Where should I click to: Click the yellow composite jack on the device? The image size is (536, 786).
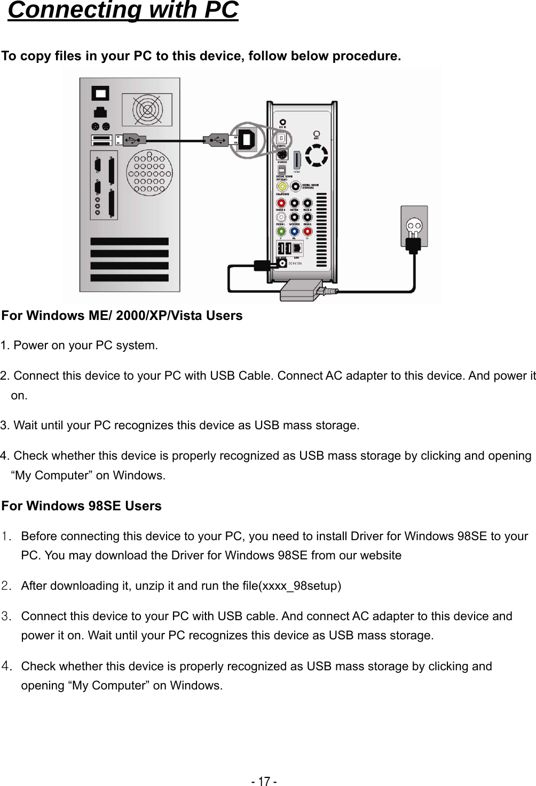(281, 186)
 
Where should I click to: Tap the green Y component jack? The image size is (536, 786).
(281, 231)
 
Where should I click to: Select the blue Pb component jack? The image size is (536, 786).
(294, 231)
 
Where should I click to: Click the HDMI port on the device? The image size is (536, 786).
(297, 161)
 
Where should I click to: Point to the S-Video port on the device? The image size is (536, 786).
(282, 155)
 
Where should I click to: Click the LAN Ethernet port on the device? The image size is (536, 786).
(297, 248)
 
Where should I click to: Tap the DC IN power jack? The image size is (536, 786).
(282, 262)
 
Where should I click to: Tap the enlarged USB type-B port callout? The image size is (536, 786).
(248, 139)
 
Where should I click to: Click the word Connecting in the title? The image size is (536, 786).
(75, 11)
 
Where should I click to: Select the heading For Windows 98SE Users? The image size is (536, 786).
(82, 506)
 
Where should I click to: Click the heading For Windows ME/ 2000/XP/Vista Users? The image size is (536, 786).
(122, 316)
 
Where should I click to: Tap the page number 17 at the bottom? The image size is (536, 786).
(264, 781)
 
